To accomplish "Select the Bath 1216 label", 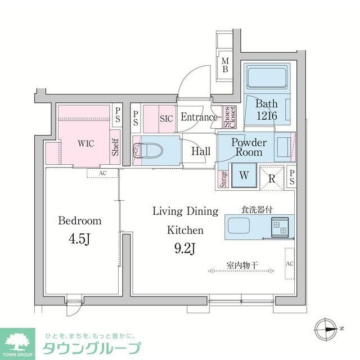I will click(x=266, y=110).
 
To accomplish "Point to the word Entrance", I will click(x=199, y=118).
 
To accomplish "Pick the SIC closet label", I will click(x=166, y=119).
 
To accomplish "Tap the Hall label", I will click(x=200, y=151).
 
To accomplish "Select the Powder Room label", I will click(x=249, y=147).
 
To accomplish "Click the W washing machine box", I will click(x=244, y=175).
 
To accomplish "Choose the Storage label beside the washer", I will click(x=223, y=178).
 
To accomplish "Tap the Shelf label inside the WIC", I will click(x=115, y=147).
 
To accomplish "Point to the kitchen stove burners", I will click(x=280, y=227).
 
